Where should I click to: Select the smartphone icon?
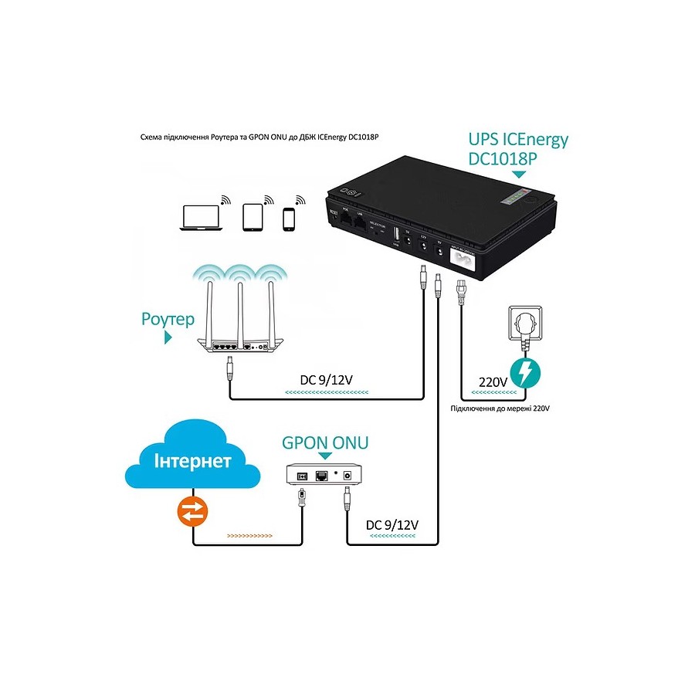click(289, 219)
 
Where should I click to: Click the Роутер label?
click(168, 319)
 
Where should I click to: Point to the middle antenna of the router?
click(240, 309)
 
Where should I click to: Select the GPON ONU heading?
click(325, 442)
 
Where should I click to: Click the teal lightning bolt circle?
click(524, 371)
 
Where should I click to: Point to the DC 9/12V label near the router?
click(327, 380)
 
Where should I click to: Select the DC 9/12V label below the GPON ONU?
click(392, 524)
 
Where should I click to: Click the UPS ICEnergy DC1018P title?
click(518, 148)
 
